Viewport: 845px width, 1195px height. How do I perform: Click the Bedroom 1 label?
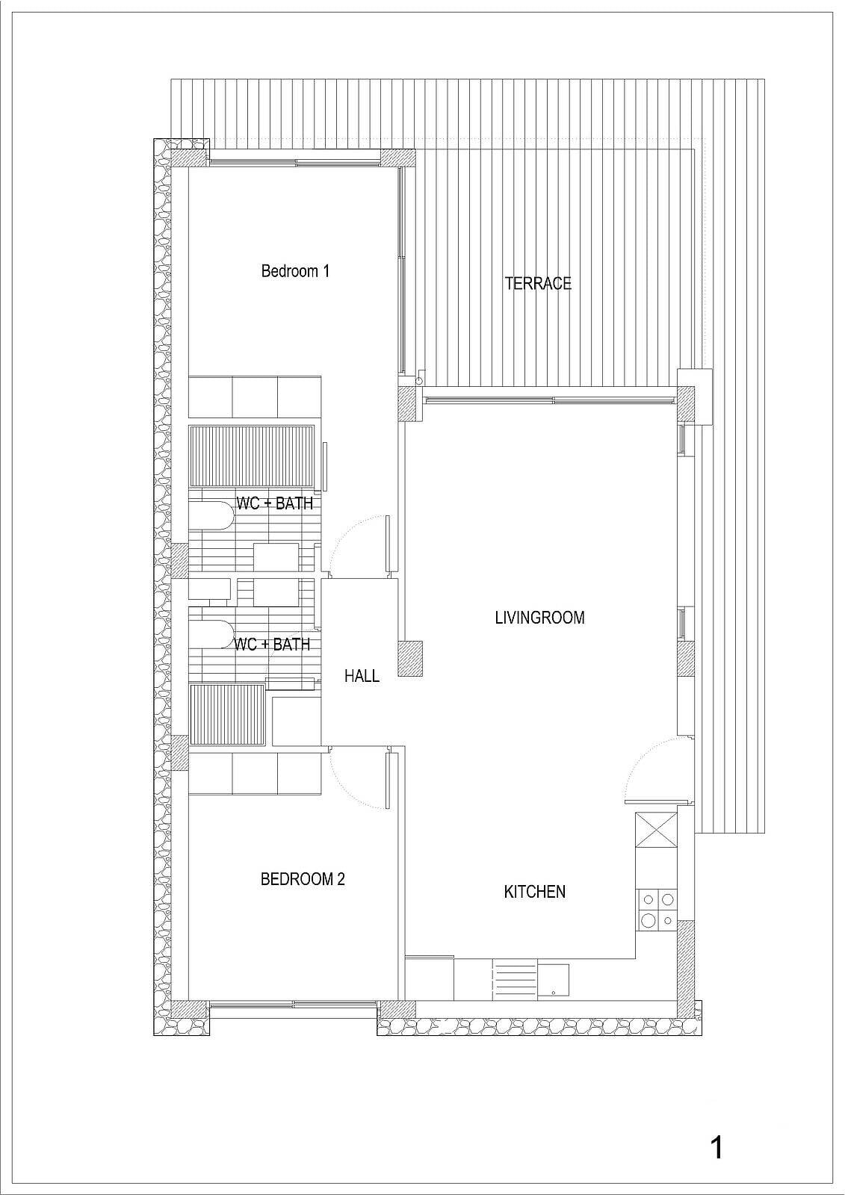coord(294,271)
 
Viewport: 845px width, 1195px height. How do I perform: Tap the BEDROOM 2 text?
coord(303,878)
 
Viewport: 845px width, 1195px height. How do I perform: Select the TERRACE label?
coord(538,283)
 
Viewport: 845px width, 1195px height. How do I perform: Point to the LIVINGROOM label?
coord(539,618)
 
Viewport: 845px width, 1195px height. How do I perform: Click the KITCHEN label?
coord(535,892)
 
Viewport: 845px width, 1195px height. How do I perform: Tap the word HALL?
coord(362,677)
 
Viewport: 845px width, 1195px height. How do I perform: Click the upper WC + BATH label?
coord(274,503)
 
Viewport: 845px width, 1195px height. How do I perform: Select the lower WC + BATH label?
coord(272,645)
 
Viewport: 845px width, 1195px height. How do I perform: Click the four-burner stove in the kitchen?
coord(657,910)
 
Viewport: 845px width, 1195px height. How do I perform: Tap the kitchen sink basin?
coord(553,979)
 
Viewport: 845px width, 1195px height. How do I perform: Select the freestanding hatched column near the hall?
coord(410,659)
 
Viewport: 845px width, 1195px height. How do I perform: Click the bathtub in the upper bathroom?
coord(211,515)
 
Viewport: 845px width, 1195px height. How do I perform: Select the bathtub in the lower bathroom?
coord(211,635)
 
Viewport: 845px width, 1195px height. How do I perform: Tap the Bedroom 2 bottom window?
coord(293,1005)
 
